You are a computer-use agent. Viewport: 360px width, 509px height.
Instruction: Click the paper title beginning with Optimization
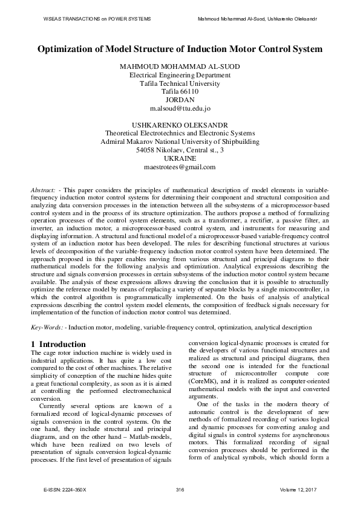pyautogui.click(x=180, y=48)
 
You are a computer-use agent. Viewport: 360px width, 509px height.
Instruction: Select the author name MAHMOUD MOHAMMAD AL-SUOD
pyautogui.click(x=180, y=66)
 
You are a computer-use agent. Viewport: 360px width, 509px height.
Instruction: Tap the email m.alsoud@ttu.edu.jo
pyautogui.click(x=180, y=109)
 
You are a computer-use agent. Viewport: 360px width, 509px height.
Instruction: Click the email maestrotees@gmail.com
pyautogui.click(x=180, y=167)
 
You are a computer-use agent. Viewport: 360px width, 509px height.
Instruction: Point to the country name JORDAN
pyautogui.click(x=180, y=100)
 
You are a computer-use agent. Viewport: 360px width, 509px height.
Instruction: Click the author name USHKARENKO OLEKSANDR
pyautogui.click(x=180, y=125)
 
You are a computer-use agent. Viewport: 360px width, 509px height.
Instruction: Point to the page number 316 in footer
pyautogui.click(x=180, y=488)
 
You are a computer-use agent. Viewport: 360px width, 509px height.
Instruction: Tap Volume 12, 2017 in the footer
pyautogui.click(x=299, y=488)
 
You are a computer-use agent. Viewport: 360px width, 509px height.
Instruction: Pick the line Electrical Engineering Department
pyautogui.click(x=180, y=75)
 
